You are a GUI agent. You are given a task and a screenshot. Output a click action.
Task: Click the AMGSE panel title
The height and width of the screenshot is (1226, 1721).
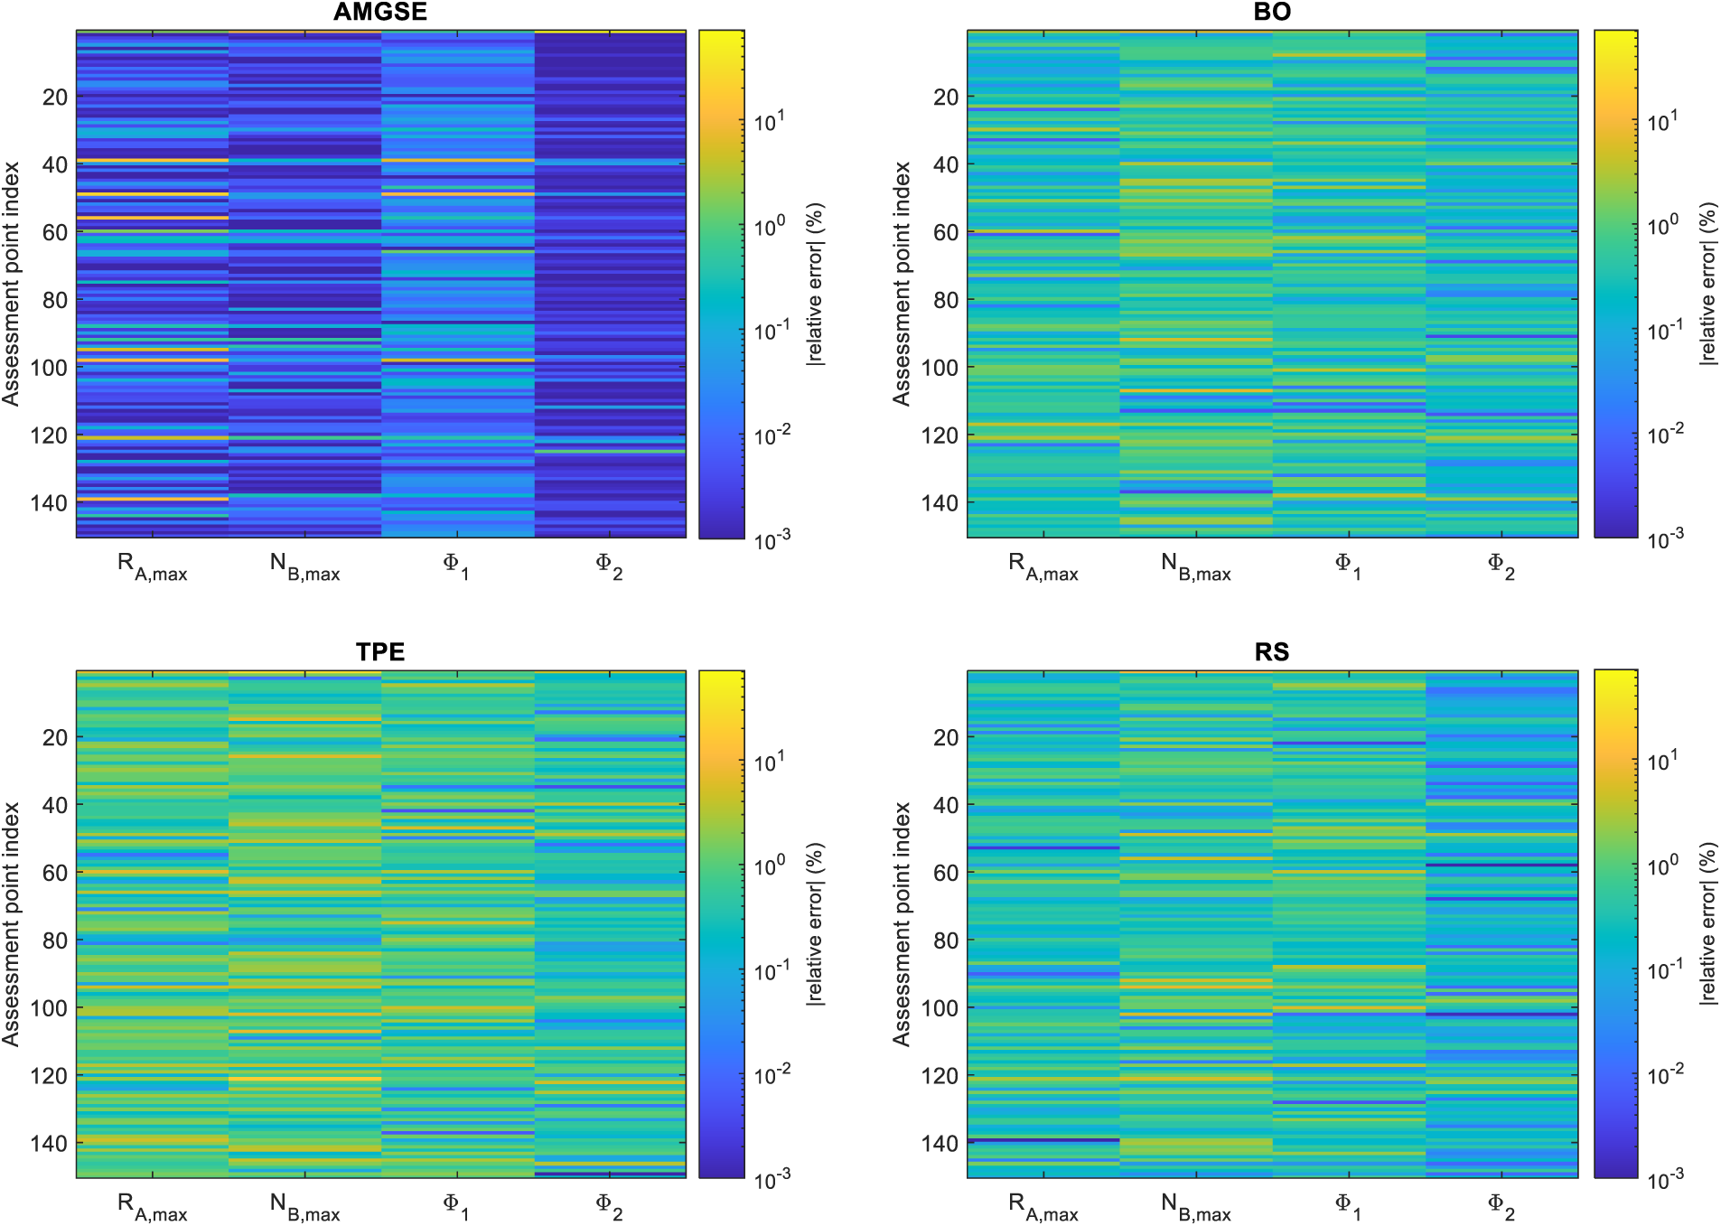[x=380, y=12]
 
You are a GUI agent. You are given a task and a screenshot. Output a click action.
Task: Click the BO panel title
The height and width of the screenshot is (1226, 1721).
[x=1272, y=12]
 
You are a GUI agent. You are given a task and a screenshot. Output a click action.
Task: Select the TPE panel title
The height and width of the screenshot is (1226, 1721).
[x=380, y=651]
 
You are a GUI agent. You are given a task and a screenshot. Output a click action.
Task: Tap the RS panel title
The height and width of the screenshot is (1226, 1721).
[x=1272, y=651]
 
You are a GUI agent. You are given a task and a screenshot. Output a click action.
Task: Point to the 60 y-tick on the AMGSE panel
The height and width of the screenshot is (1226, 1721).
[x=55, y=232]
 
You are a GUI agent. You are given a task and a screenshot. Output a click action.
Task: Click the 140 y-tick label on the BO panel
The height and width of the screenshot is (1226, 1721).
[x=940, y=502]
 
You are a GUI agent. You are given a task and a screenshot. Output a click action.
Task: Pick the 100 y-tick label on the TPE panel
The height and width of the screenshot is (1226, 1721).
[x=49, y=1007]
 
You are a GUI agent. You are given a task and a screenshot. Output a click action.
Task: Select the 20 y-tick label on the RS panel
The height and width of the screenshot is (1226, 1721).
[x=946, y=737]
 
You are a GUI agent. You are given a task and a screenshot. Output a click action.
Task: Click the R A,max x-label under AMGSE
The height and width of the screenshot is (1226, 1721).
[x=153, y=567]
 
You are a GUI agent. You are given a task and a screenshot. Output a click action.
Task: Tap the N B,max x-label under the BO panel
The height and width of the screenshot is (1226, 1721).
[x=1196, y=567]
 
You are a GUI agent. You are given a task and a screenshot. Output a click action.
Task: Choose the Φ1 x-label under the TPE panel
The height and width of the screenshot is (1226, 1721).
[x=456, y=1207]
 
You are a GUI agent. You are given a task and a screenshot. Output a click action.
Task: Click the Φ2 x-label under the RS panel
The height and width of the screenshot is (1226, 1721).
[x=1501, y=1207]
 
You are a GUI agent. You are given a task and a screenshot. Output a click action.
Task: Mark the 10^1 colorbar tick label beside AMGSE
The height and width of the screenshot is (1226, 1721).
[x=770, y=120]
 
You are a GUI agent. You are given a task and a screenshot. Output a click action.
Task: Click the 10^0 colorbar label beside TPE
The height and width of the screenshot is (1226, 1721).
[x=770, y=866]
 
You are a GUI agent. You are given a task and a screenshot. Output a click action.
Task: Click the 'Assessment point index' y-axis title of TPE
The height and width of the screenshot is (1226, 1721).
[x=11, y=924]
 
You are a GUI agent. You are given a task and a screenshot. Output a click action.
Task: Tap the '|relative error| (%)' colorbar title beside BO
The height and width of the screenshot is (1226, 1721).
[x=1707, y=284]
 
